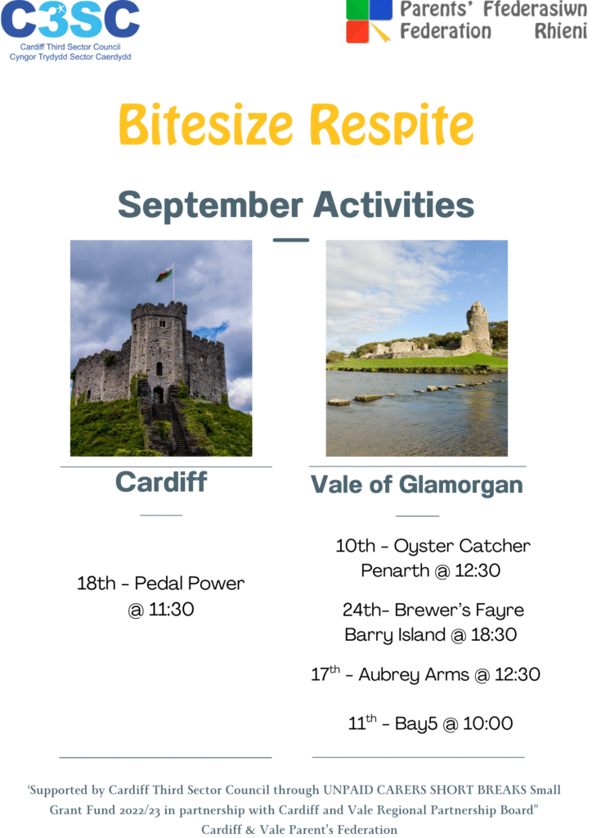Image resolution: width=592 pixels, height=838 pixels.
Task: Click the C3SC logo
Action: [70, 31]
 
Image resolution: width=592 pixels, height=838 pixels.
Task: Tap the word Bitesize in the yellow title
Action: [206, 124]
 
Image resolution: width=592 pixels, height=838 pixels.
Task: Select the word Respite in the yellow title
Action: [392, 125]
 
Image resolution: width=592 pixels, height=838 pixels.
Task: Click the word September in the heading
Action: [210, 205]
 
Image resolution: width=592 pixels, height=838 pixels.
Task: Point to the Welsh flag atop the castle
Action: [164, 273]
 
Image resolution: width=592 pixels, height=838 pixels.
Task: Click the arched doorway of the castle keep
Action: [159, 395]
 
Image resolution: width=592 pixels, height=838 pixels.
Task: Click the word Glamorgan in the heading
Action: [460, 484]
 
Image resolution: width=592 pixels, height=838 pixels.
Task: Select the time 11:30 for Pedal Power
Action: [171, 609]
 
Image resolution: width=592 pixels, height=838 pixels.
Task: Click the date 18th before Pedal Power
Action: [96, 583]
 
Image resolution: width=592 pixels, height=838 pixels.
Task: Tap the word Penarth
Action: [395, 570]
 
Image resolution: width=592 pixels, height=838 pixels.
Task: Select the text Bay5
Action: [416, 723]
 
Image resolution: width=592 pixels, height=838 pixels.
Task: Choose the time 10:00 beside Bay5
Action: [488, 723]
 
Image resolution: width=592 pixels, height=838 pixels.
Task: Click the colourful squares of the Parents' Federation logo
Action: [369, 20]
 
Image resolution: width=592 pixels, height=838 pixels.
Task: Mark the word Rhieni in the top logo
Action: [560, 31]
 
